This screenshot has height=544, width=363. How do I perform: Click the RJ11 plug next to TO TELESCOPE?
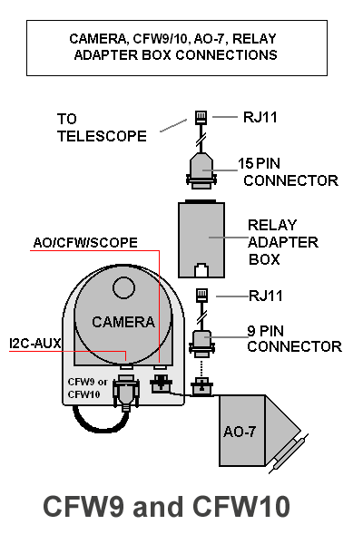coord(201,118)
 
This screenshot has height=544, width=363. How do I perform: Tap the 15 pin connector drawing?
coord(201,170)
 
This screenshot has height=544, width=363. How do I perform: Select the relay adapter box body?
coord(201,239)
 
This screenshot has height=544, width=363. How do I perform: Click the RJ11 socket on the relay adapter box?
coord(201,270)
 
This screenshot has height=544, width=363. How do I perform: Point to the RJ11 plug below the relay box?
coord(201,296)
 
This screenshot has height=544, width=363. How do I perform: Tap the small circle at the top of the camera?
coord(123,287)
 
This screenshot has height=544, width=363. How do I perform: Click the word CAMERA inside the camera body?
coord(123,322)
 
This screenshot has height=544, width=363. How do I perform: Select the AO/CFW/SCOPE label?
coord(85,242)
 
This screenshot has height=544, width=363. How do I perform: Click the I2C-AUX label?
coord(35,344)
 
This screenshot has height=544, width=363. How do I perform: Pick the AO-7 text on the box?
coord(240,432)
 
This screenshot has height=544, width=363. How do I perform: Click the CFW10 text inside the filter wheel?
coord(84,394)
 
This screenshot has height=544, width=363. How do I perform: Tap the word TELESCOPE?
coord(103,136)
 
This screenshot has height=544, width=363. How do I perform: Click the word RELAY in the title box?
coord(254,39)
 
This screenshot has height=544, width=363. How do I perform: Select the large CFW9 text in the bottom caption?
coord(83,507)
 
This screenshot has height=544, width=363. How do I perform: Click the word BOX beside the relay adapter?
coord(264,259)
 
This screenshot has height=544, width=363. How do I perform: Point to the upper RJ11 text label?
coord(260,117)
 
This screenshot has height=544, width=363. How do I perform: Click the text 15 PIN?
coord(259,164)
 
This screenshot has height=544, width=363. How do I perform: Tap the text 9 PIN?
coord(265,331)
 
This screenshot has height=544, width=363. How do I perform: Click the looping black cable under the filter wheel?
coord(100,429)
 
